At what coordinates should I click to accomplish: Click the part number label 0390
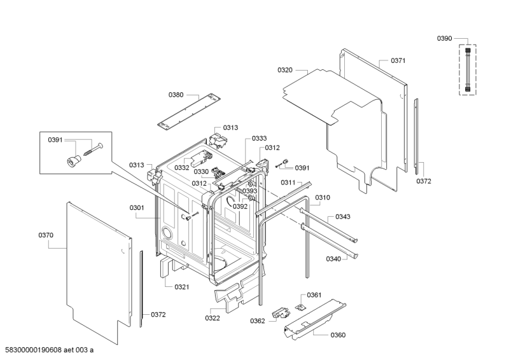tap(444, 39)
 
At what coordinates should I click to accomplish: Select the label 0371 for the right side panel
tap(398, 60)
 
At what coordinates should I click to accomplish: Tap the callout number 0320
tap(284, 70)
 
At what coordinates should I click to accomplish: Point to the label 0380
tap(176, 95)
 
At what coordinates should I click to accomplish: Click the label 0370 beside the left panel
tap(46, 235)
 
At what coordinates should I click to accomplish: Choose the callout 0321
tap(182, 287)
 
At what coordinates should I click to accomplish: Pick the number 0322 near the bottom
tap(213, 318)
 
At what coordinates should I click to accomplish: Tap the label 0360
tap(338, 335)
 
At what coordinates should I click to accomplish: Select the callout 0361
tap(314, 295)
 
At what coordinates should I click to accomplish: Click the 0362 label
tap(258, 321)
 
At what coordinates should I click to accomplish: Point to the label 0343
tap(343, 217)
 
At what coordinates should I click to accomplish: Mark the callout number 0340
tap(333, 259)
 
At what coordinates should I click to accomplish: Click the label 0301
tap(137, 208)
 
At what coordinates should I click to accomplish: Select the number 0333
tap(260, 139)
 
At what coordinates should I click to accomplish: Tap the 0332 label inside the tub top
tap(182, 168)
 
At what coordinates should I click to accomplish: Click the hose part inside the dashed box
tap(468, 69)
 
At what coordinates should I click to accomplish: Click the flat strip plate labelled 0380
tap(189, 111)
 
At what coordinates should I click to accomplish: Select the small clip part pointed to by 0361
tap(300, 307)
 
